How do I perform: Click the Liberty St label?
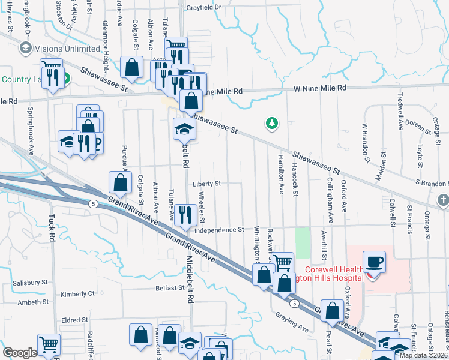point(207,184)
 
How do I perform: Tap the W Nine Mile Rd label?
point(320,88)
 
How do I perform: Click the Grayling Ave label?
point(292,322)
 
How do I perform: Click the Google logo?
point(20,352)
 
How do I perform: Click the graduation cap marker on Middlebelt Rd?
point(184,129)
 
